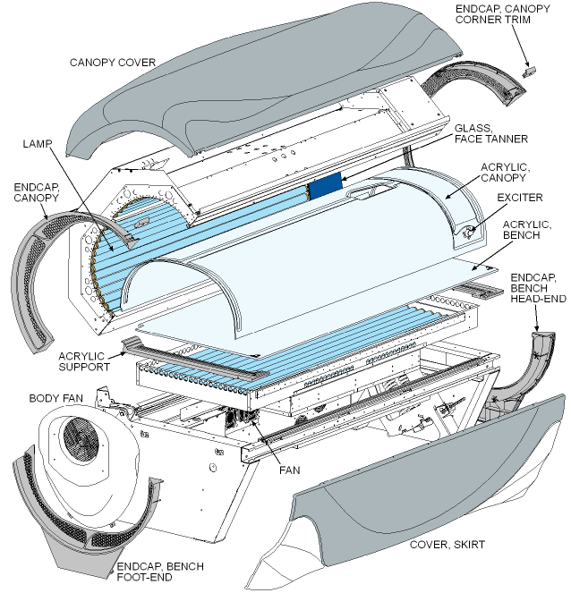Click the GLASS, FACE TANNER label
click(x=490, y=133)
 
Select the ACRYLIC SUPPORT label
click(x=86, y=361)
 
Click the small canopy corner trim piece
click(x=529, y=67)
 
